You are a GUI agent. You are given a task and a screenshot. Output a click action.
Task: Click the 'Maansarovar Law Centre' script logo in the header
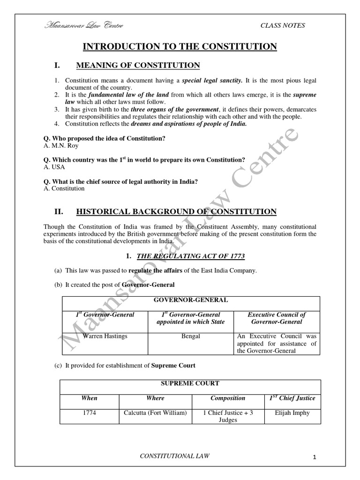[x=84, y=25]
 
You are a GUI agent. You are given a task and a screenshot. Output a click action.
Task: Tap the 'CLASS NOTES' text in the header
[x=283, y=25]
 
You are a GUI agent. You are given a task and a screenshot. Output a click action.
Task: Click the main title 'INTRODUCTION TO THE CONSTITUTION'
[x=180, y=46]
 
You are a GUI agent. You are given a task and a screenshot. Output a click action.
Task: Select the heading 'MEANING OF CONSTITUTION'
[x=138, y=65]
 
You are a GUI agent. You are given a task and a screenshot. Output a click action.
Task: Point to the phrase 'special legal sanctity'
[x=212, y=81]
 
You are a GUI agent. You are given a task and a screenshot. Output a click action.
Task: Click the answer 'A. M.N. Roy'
[x=60, y=146]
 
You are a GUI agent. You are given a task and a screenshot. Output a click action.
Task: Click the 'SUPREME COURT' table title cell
[x=190, y=383]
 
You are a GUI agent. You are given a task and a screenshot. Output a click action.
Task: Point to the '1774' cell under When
[x=89, y=413]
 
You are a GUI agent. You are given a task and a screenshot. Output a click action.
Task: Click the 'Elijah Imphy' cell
[x=292, y=413]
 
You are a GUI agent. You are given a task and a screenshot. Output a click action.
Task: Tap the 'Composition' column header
[x=228, y=398]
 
